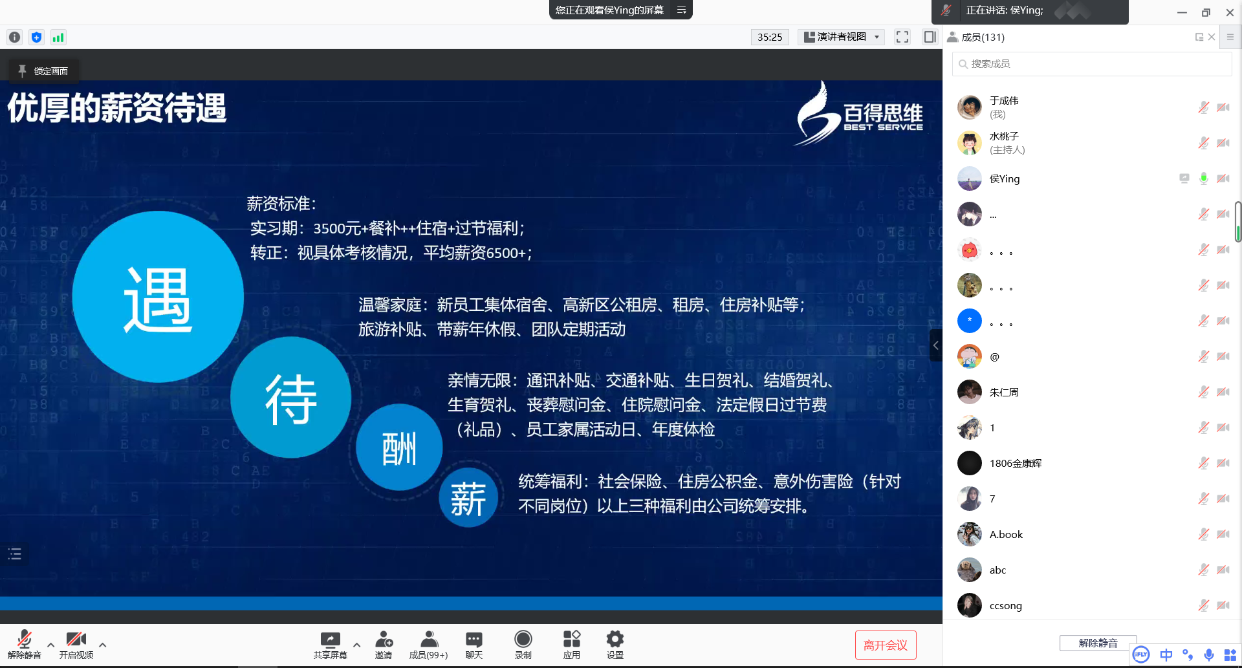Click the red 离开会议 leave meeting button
(885, 645)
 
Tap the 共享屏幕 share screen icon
(330, 640)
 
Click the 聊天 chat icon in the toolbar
(474, 640)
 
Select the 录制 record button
(523, 640)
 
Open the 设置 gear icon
(615, 640)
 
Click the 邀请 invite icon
(384, 640)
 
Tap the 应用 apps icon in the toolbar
(571, 640)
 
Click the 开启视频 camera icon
(76, 640)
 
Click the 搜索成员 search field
(1093, 64)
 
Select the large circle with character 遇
(158, 297)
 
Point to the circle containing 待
(291, 398)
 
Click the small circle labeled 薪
(468, 498)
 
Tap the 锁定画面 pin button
(43, 71)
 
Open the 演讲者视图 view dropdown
(841, 37)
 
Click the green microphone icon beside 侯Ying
(1203, 178)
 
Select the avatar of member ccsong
(970, 605)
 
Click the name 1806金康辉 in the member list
(1016, 463)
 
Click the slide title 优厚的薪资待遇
(117, 108)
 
